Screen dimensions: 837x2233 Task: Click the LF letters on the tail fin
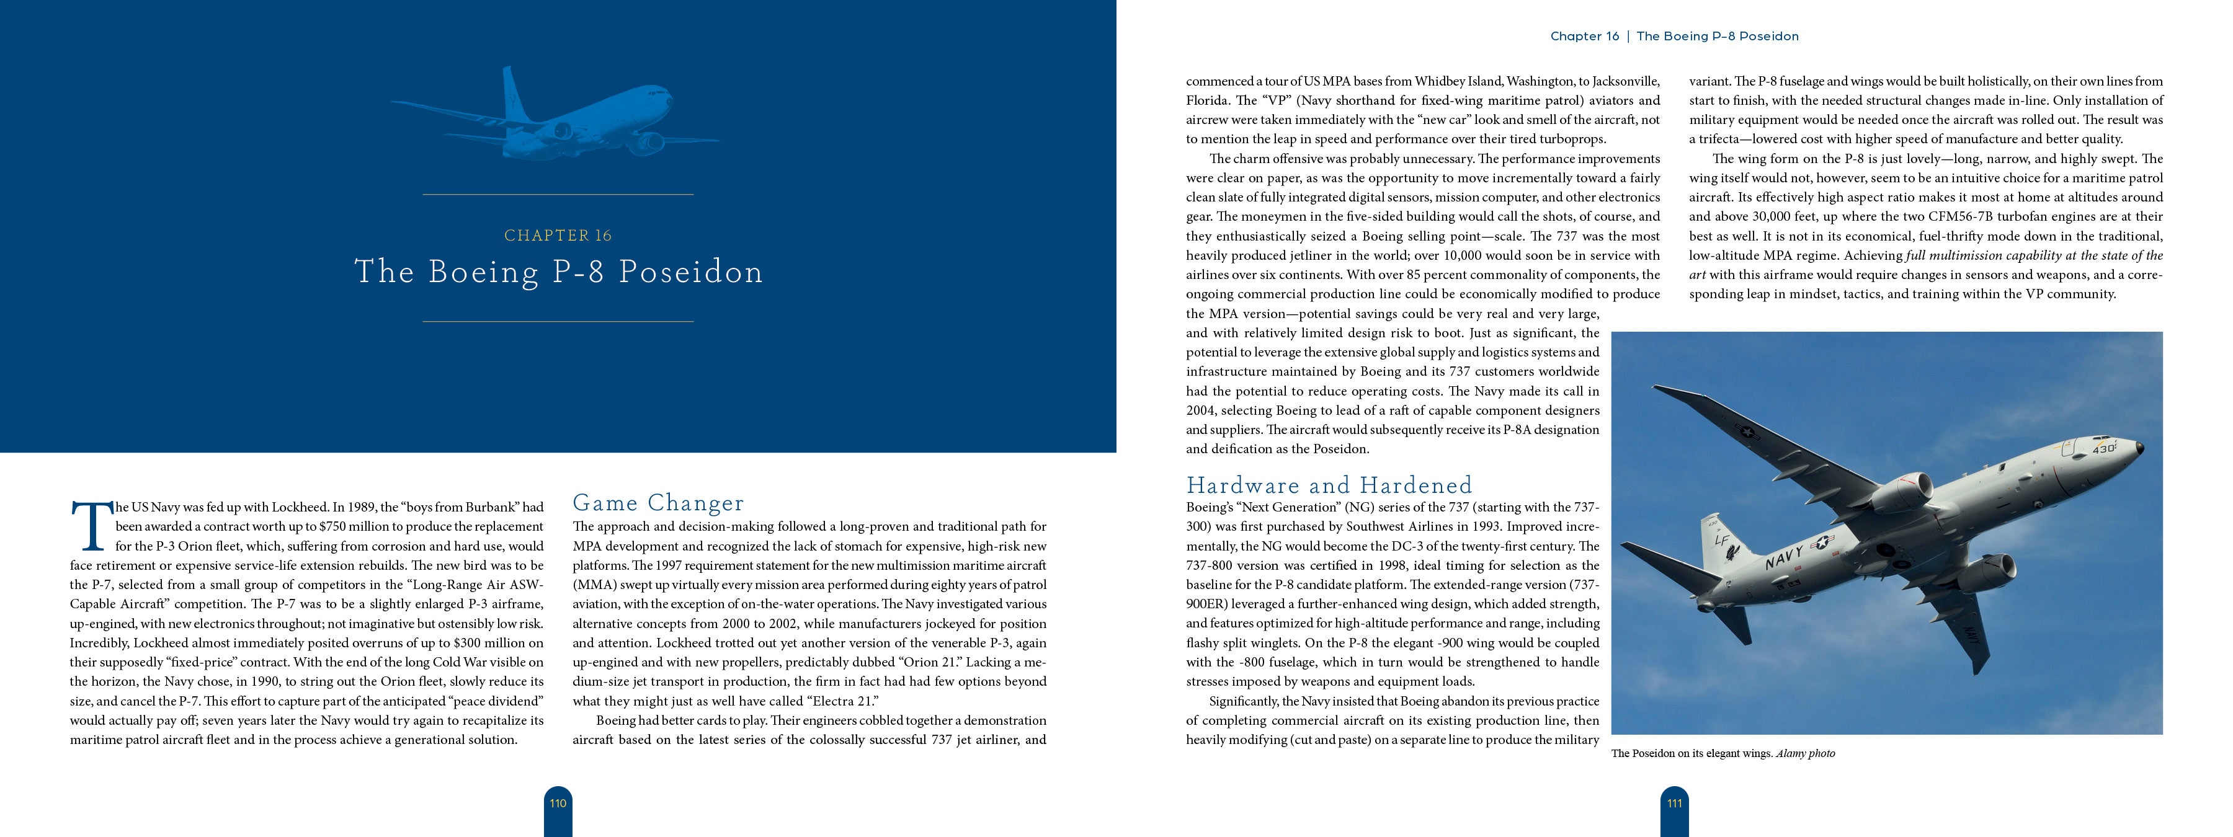[x=1723, y=541]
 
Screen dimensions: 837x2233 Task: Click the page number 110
[x=558, y=803]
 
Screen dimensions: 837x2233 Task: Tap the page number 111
[x=1674, y=803]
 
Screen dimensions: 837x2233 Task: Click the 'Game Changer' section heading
[x=658, y=503]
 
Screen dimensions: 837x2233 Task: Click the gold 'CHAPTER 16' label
[x=558, y=236]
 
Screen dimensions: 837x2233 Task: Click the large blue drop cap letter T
[x=90, y=525]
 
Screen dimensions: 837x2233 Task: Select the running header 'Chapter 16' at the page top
[x=1584, y=37]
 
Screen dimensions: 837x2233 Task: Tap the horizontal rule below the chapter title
[x=558, y=321]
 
